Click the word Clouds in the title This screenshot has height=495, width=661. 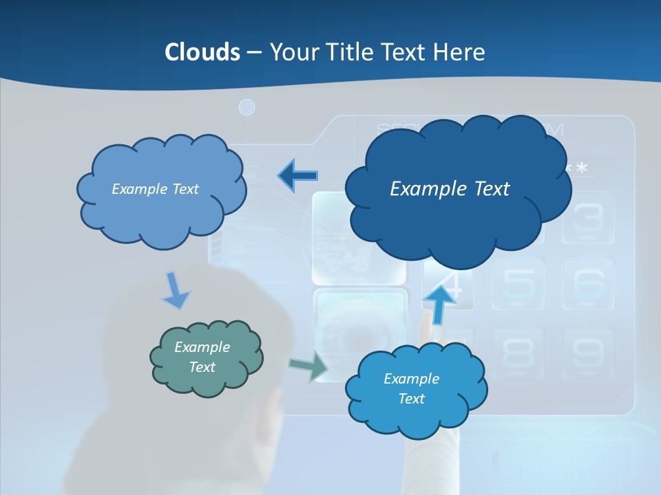(202, 52)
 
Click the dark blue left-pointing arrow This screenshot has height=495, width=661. (298, 176)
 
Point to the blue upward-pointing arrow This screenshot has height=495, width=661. (439, 303)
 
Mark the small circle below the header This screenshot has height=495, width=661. (246, 107)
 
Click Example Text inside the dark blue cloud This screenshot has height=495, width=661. (450, 188)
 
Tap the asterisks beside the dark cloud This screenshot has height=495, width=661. (577, 169)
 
